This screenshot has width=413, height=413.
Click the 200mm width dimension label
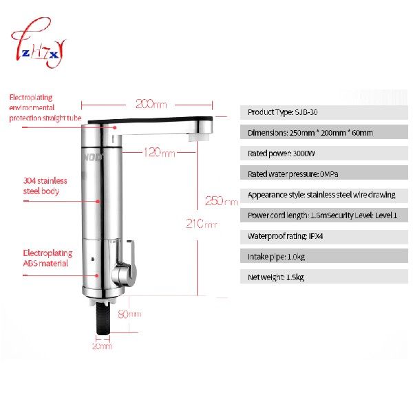coord(151,104)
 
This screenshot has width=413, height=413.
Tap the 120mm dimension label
coord(160,152)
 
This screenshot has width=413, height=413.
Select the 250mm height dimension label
coord(221,202)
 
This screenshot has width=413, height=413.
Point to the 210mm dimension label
coord(201,224)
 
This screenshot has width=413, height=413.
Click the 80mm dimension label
coord(129,314)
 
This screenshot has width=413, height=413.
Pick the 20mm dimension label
coord(102,346)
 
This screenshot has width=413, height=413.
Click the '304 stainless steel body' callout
coord(45,186)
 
